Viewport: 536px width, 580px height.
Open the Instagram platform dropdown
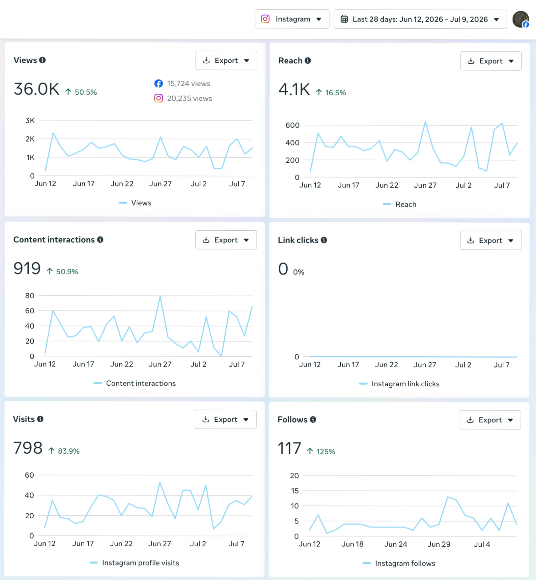pyautogui.click(x=292, y=19)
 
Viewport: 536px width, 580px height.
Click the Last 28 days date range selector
pyautogui.click(x=420, y=19)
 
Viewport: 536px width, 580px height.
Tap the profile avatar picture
pyautogui.click(x=521, y=19)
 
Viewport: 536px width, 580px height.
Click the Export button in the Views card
pyautogui.click(x=226, y=60)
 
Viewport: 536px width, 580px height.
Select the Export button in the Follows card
pyautogui.click(x=490, y=420)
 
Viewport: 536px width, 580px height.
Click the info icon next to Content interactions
pyautogui.click(x=100, y=240)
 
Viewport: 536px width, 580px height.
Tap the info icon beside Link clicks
pyautogui.click(x=324, y=240)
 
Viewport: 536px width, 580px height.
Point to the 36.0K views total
pyautogui.click(x=37, y=89)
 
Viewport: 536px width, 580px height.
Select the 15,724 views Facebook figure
pyautogui.click(x=188, y=83)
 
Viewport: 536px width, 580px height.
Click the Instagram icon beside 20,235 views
pyautogui.click(x=158, y=98)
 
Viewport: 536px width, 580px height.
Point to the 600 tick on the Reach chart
pyautogui.click(x=293, y=125)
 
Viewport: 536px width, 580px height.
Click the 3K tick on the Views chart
pyautogui.click(x=30, y=120)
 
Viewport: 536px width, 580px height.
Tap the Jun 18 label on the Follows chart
pyautogui.click(x=353, y=544)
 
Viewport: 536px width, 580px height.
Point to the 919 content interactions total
pyautogui.click(x=27, y=268)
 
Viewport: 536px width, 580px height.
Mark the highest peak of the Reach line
pyautogui.click(x=425, y=121)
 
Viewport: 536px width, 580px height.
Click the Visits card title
pyautogui.click(x=24, y=419)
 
